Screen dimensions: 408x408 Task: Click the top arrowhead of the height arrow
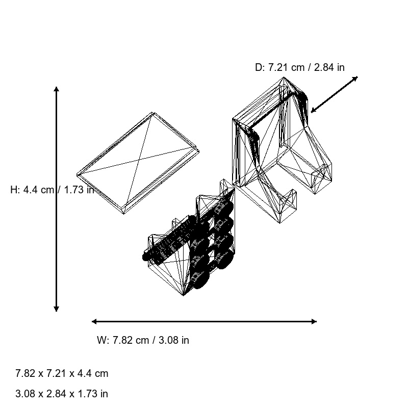[x=56, y=89]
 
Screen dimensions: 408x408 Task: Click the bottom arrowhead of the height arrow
[x=56, y=309]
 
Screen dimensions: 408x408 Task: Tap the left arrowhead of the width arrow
[x=94, y=321]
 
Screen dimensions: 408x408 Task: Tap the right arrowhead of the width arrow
[x=314, y=321]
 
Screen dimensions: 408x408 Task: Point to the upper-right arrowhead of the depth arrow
[x=356, y=78]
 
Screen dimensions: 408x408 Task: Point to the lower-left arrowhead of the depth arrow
[x=313, y=111]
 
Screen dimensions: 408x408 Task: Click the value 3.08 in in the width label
[x=173, y=340]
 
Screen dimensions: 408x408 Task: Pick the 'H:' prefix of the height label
[x=15, y=190]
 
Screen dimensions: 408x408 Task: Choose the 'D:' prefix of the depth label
[x=260, y=67]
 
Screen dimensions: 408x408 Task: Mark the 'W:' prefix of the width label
[x=103, y=340]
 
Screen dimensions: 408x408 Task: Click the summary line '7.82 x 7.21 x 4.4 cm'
[x=62, y=373]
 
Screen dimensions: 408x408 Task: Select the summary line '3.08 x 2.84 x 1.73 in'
[x=62, y=394]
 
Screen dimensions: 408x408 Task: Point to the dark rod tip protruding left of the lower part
[x=146, y=257]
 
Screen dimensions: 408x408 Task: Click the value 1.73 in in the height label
[x=79, y=190]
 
